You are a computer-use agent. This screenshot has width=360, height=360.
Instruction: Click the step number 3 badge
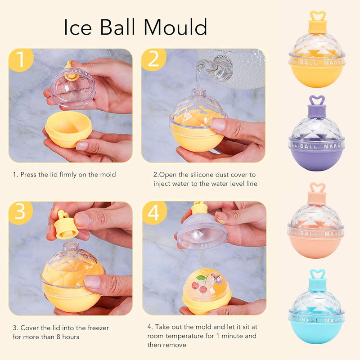tap(20, 212)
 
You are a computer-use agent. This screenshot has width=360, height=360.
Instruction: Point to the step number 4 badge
tap(153, 212)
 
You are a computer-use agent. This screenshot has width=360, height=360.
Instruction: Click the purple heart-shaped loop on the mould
tap(317, 102)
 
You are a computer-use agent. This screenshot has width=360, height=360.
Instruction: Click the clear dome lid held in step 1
tap(73, 87)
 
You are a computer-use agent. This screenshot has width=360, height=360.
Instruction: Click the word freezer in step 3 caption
tap(94, 328)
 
